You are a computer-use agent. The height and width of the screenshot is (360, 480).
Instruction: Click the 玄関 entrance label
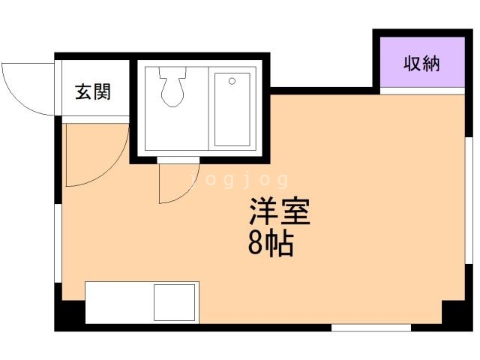pyautogui.click(x=93, y=92)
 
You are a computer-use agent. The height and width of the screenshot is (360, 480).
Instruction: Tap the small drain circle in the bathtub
pyautogui.click(x=232, y=80)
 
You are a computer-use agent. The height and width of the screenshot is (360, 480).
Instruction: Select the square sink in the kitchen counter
pyautogui.click(x=175, y=302)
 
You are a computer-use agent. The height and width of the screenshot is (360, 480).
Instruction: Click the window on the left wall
pyautogui.click(x=57, y=240)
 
